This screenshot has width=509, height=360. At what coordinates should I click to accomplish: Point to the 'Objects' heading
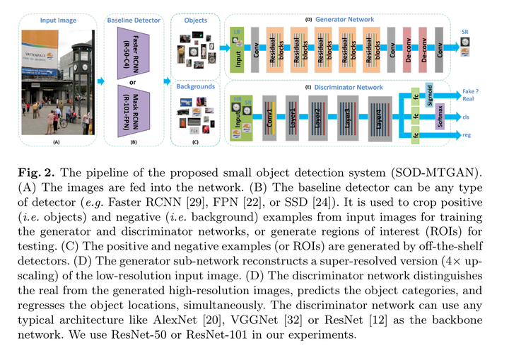pyautogui.click(x=195, y=21)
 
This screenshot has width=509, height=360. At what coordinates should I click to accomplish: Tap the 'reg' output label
pyautogui.click(x=467, y=134)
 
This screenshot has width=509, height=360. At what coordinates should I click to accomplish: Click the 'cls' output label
pyautogui.click(x=467, y=117)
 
